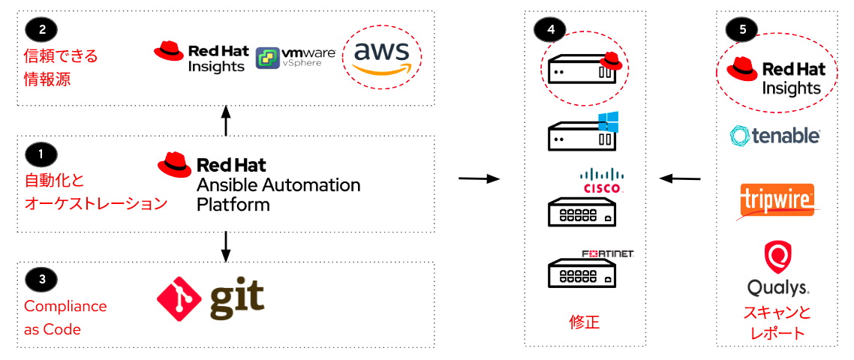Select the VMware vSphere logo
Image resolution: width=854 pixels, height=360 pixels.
click(295, 58)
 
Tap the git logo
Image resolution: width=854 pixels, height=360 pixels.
click(211, 298)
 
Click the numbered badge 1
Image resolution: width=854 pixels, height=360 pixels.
click(41, 154)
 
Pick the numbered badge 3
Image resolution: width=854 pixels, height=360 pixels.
click(41, 279)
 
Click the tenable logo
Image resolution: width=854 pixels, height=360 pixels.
click(775, 136)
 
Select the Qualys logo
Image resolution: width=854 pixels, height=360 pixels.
click(777, 268)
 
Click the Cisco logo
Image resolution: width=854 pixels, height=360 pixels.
click(603, 181)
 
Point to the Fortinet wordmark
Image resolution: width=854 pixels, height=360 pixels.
click(608, 254)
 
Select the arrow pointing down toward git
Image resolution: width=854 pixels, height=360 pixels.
click(226, 245)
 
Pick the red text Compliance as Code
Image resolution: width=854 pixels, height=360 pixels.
click(65, 317)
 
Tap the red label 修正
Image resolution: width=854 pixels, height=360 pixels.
click(585, 322)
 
